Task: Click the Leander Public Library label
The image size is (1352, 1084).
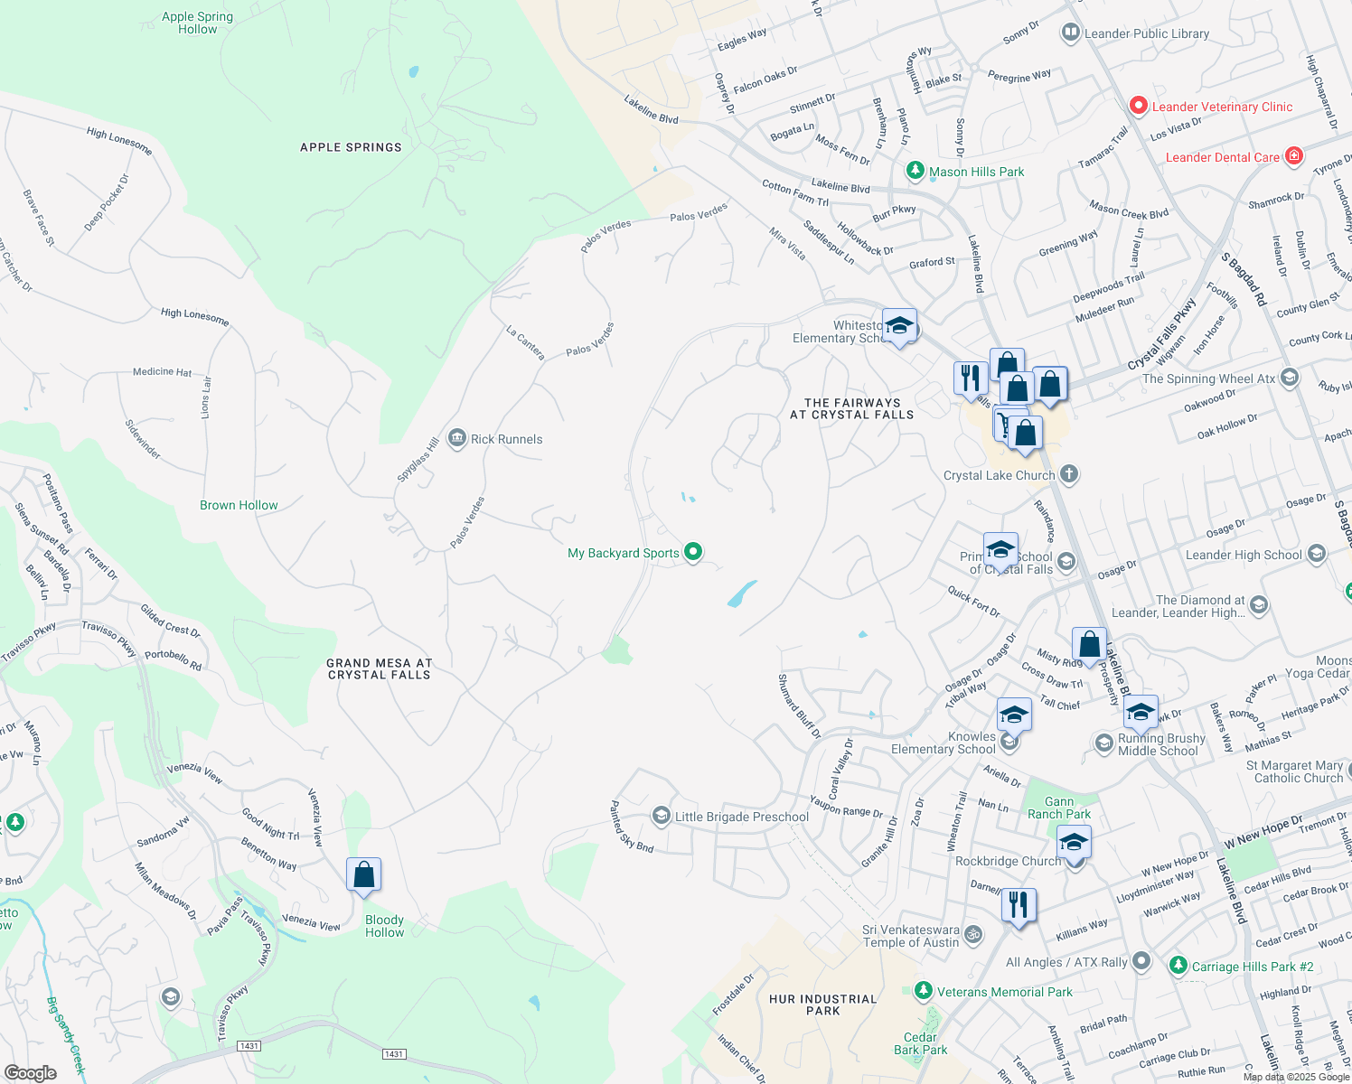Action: tap(1146, 34)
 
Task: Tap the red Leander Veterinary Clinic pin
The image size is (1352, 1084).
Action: tap(1139, 107)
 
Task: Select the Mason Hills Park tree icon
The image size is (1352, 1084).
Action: tap(915, 171)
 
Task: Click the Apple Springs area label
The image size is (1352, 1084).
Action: tap(351, 147)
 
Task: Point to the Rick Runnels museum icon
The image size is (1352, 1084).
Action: tap(457, 439)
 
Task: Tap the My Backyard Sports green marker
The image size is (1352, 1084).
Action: tap(693, 552)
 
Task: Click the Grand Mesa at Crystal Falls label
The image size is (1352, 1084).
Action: tap(379, 668)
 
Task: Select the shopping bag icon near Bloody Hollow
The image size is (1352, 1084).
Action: tap(363, 875)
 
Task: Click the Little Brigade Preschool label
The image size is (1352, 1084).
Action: tap(741, 817)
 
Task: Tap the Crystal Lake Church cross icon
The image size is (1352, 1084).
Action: tap(1069, 474)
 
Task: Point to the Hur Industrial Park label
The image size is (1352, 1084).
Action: tap(822, 1005)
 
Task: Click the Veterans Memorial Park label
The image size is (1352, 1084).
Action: tap(1004, 992)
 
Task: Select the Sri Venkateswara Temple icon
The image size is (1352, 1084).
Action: tap(973, 934)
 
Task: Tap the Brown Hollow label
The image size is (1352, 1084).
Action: tap(239, 505)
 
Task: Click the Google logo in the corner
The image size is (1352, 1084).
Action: tap(30, 1072)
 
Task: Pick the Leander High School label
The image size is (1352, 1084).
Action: tap(1244, 555)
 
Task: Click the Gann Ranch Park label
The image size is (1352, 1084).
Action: tap(1059, 808)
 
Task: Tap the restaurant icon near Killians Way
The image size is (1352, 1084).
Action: tap(1019, 905)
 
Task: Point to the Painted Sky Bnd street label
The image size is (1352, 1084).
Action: tap(631, 827)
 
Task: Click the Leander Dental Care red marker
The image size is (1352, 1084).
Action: tap(1294, 156)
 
